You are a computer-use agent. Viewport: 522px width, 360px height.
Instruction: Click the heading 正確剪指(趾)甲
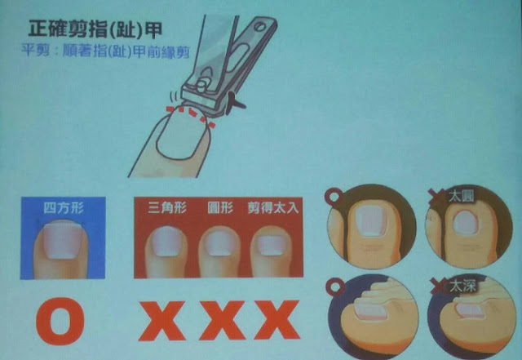coord(95,29)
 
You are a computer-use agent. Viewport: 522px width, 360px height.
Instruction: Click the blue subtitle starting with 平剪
coord(105,51)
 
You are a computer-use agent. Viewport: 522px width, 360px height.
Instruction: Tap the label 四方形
coord(64,208)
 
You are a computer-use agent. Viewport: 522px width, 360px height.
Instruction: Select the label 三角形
coord(167,207)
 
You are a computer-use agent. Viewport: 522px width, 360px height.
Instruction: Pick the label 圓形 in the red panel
coord(219,207)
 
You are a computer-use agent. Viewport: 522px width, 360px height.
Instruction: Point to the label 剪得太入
coord(273,208)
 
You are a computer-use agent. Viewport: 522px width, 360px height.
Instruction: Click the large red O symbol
coord(60,321)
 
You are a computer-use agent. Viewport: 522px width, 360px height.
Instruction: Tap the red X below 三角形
coord(161,321)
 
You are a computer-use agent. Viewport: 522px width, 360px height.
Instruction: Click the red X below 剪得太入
coord(277,320)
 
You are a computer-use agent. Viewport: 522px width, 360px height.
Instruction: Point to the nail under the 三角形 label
coord(167,242)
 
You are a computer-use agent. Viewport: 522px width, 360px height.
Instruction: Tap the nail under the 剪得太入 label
coord(272,246)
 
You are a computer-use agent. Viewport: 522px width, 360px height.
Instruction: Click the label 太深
coord(462,286)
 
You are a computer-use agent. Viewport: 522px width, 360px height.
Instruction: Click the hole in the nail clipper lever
coord(260,26)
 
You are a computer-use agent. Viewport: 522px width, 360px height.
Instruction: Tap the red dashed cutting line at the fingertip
coord(191,114)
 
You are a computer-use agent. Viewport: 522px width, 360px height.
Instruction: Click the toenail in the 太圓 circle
coord(465,223)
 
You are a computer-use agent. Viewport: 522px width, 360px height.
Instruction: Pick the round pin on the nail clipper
coord(202,86)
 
